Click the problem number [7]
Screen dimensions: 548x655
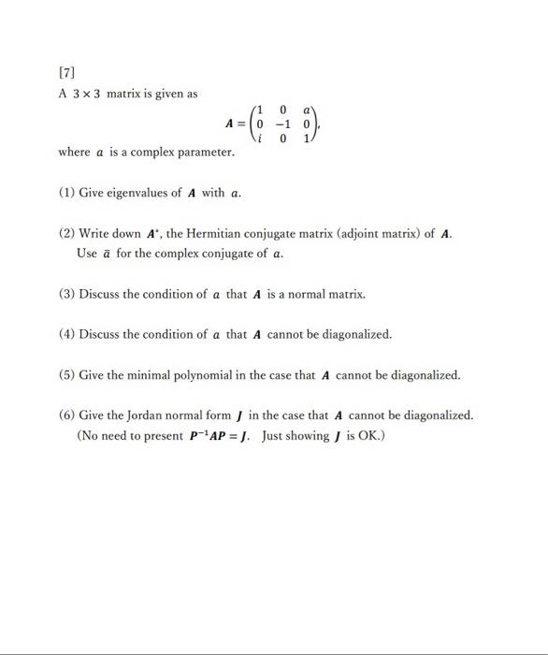point(67,72)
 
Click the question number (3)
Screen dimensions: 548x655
point(66,293)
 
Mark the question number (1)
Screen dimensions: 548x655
point(66,193)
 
